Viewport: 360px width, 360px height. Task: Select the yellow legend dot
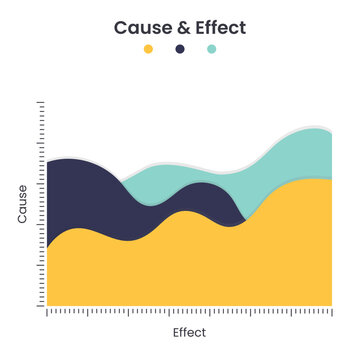pyautogui.click(x=148, y=49)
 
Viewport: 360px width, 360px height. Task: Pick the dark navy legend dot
pyautogui.click(x=180, y=49)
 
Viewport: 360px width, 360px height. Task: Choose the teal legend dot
pyautogui.click(x=211, y=49)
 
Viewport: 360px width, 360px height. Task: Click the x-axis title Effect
pyautogui.click(x=188, y=332)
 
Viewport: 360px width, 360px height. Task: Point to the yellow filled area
pyautogui.click(x=190, y=265)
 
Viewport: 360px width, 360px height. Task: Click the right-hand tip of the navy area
pyautogui.click(x=244, y=222)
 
